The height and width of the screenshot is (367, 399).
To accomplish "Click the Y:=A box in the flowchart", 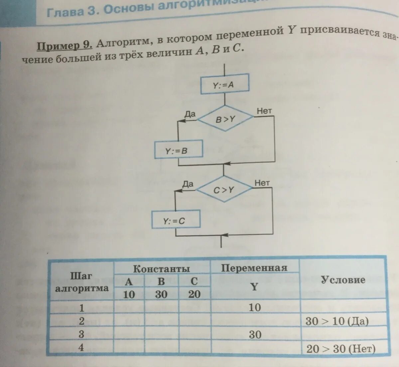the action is [x=224, y=84].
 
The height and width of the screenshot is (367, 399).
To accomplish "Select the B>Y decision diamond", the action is [x=225, y=119].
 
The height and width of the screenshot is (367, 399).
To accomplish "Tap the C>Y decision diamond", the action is [x=224, y=190].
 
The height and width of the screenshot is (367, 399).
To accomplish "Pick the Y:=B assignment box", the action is [x=179, y=151].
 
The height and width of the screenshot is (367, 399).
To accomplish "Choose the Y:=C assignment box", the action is [x=176, y=220].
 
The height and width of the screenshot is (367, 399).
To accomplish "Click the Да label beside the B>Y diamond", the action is [x=190, y=114].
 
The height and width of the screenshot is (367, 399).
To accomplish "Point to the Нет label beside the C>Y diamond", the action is [x=262, y=183].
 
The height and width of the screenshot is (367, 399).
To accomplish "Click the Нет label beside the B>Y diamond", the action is [x=264, y=111].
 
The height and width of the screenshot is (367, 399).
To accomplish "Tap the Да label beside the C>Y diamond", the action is [x=188, y=184].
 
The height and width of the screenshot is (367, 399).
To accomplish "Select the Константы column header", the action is [x=162, y=269].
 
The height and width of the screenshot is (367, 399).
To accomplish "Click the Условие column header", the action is [x=343, y=280].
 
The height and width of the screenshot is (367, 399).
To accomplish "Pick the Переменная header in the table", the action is [x=254, y=268].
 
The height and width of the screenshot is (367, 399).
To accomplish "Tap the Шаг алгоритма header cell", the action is [x=81, y=282].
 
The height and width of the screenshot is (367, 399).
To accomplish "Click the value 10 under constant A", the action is [x=129, y=294].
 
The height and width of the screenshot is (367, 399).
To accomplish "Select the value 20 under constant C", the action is [x=195, y=294].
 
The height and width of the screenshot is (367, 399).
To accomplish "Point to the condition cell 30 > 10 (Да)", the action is [x=337, y=321].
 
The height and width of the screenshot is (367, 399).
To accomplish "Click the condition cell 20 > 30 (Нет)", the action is [x=341, y=348].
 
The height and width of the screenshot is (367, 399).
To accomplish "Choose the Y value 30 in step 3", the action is [x=255, y=334].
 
